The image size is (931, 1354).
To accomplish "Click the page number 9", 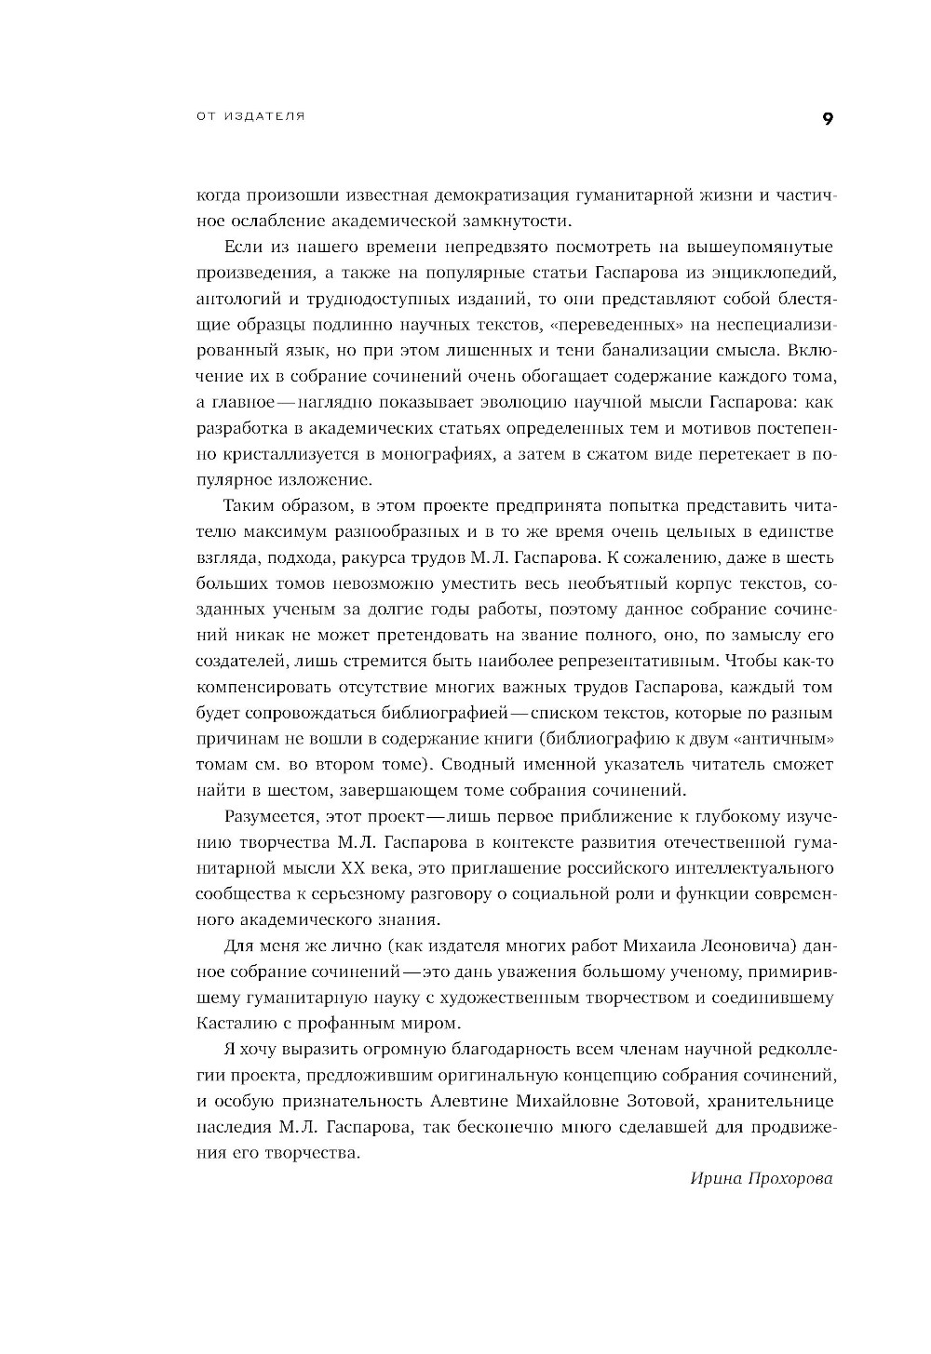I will coord(828,118).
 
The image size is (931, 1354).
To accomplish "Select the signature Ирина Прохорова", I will coord(762,1178).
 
